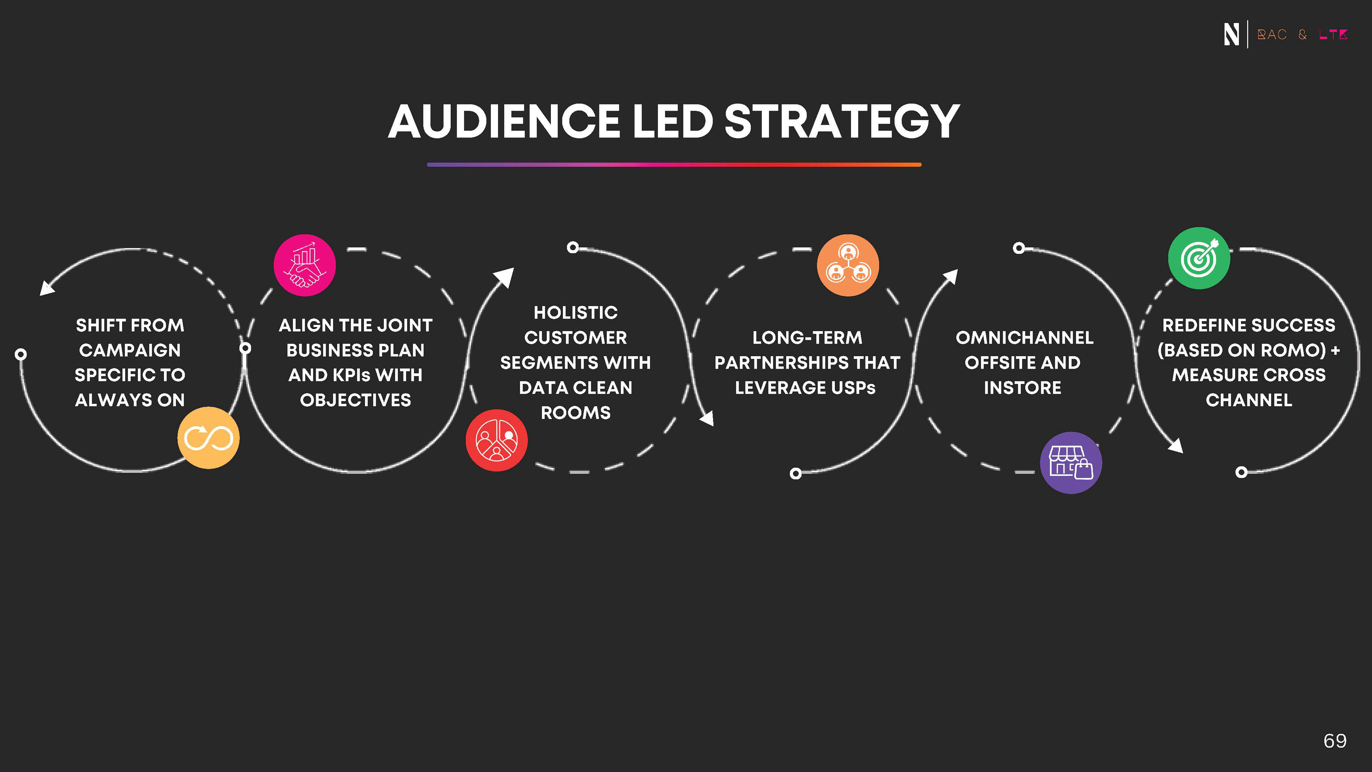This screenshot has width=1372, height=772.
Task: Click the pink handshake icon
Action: coord(305,265)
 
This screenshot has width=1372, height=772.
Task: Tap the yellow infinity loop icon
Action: coord(208,438)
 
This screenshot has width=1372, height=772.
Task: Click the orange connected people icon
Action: coord(848,265)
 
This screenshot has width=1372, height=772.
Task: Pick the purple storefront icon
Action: coord(1070,462)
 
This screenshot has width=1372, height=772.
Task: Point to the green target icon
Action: coord(1199,258)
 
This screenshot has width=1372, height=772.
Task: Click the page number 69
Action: coord(1335,741)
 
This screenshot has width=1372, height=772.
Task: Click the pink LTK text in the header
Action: coord(1333,35)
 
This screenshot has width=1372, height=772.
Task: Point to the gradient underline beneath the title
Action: coord(674,165)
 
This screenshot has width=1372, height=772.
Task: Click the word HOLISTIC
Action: coord(576,313)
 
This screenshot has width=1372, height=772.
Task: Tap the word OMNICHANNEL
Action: coord(1024,338)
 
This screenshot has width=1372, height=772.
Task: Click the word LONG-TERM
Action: coord(807,338)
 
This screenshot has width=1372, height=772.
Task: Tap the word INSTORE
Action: coord(1022,388)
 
